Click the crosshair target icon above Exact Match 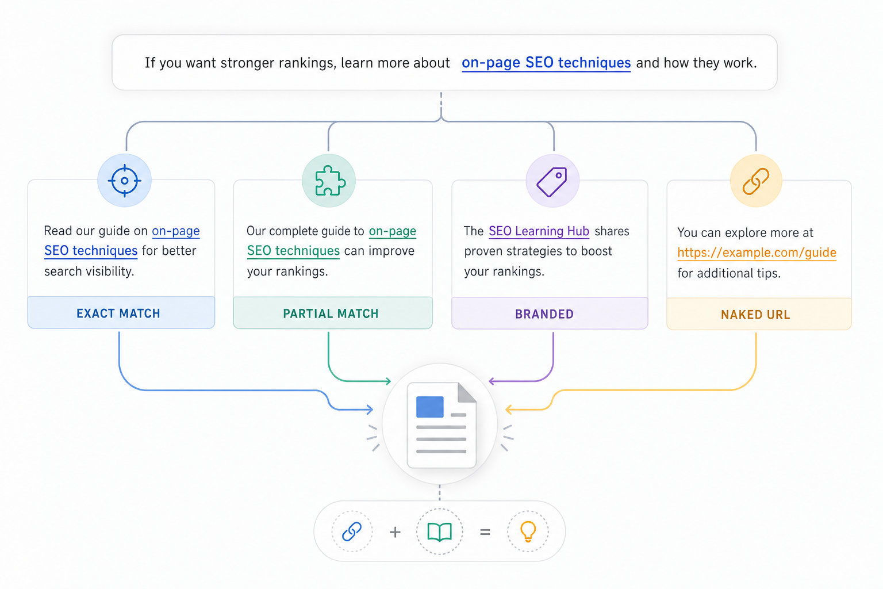(x=125, y=181)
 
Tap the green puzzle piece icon (x=330, y=181)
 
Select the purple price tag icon (x=552, y=181)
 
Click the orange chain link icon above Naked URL (x=756, y=181)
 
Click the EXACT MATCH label (x=118, y=313)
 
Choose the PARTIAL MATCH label (x=331, y=313)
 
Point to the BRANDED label (x=544, y=314)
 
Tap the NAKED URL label (x=756, y=315)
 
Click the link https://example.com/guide (x=757, y=253)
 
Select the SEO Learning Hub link (x=539, y=231)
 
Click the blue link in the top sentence (x=546, y=63)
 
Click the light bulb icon (x=528, y=532)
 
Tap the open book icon (x=440, y=532)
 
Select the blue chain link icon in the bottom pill (x=352, y=531)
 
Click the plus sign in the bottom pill (x=395, y=532)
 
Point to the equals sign (x=485, y=532)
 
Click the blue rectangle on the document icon (x=429, y=407)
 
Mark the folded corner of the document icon (x=467, y=392)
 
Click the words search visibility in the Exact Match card (x=89, y=271)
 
